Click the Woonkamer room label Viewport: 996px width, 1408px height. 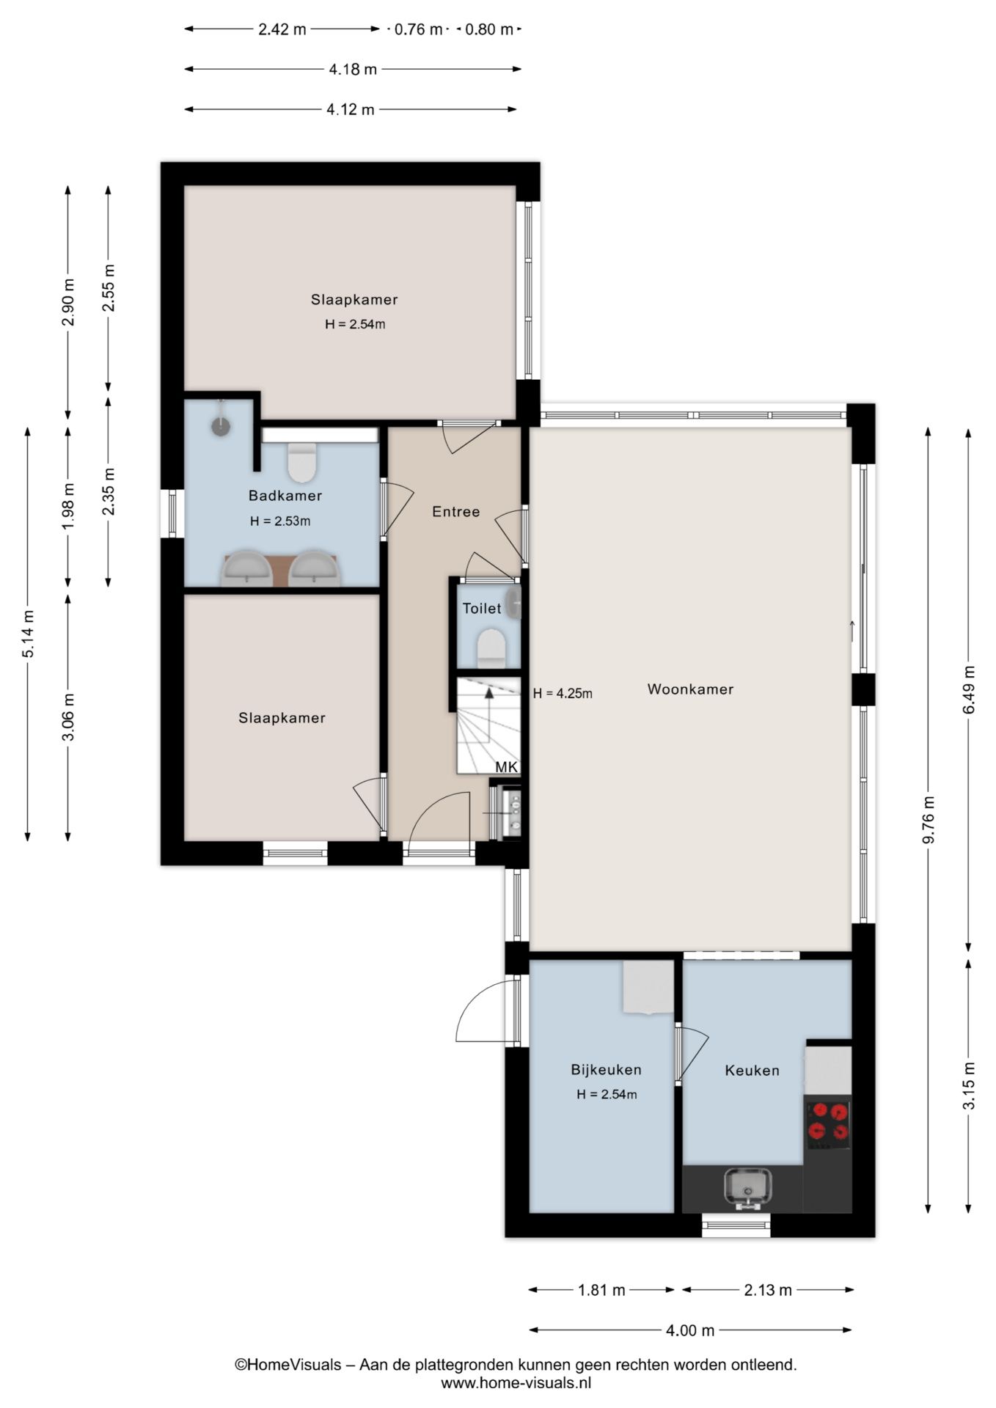tap(690, 689)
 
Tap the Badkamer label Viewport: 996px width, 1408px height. tap(285, 496)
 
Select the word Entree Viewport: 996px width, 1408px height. tap(455, 512)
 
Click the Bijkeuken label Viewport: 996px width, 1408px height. tap(606, 1069)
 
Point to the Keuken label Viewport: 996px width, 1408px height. tap(752, 1070)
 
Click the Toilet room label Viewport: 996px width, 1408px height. tap(482, 608)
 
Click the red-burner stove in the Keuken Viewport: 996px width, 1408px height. tap(828, 1122)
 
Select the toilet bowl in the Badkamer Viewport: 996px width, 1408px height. tap(301, 462)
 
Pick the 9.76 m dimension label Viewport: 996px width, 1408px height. tap(929, 820)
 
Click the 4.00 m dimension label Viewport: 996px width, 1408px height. tap(690, 1330)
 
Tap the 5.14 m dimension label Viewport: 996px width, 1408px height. tap(28, 634)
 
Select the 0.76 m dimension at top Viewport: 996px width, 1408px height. tap(419, 29)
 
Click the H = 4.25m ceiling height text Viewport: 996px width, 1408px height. tap(563, 693)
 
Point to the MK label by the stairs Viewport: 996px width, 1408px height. tap(507, 767)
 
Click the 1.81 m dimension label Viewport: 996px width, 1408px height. tap(601, 1289)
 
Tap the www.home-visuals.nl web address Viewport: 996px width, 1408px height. tap(516, 1383)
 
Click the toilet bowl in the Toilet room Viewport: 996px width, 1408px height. tap(491, 648)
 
